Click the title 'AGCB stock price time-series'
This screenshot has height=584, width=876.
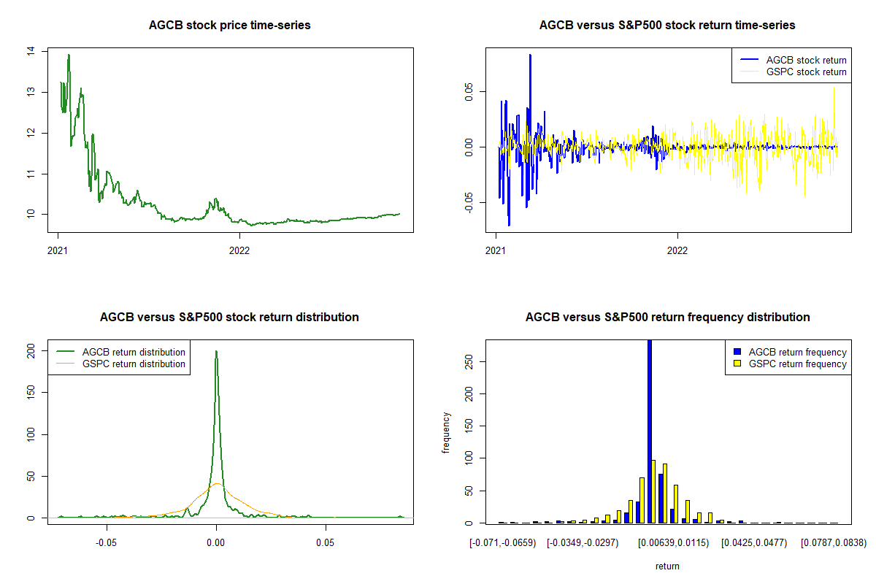pos(229,26)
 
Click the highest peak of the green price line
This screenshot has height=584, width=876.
pos(69,55)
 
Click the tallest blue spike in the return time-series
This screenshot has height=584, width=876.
pos(530,55)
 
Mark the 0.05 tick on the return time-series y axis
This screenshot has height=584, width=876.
pos(468,90)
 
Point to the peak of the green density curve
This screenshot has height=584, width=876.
pos(216,351)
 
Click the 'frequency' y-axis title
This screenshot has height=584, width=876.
pos(446,432)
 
